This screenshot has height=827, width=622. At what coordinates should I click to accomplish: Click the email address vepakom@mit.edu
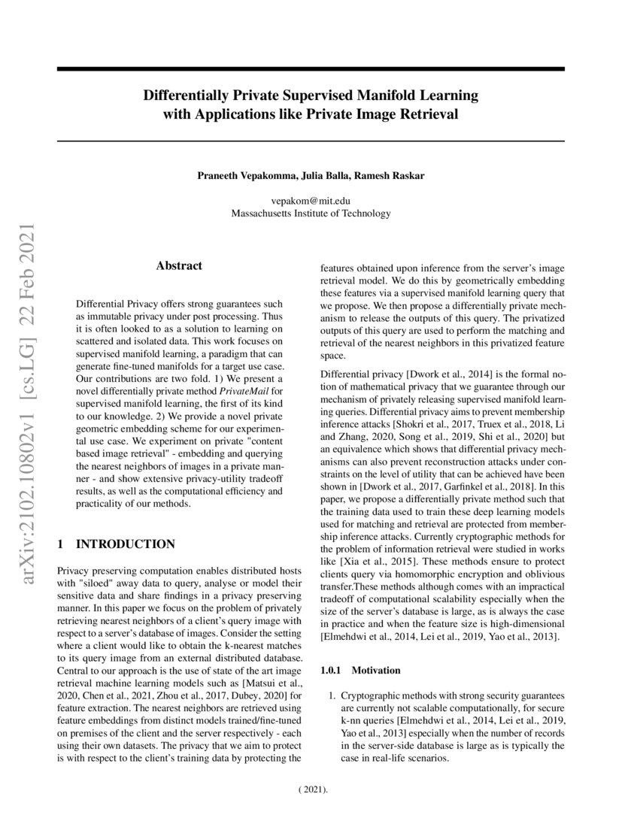pos(311,201)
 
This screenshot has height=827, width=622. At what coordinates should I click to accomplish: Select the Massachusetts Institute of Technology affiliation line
pos(311,214)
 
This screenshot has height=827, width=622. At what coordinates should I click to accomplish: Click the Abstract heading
pos(179,265)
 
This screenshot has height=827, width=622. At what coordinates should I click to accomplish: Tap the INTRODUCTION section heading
pos(126,544)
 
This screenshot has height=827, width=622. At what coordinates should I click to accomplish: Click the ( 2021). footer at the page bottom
pos(311,791)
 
